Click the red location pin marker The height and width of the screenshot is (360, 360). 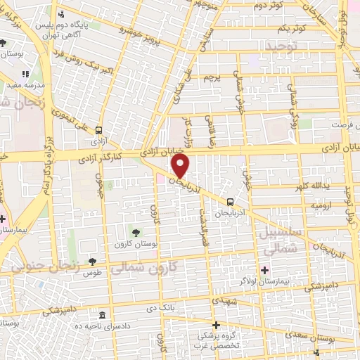180,166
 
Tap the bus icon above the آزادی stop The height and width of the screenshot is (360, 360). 98,130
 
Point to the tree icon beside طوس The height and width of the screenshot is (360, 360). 92,262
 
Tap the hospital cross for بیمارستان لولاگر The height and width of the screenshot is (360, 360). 264,270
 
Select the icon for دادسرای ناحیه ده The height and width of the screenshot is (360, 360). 103,314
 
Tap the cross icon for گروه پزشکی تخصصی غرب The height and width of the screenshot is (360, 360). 217,325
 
